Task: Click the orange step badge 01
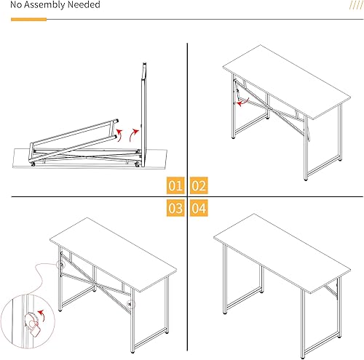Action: [175, 185]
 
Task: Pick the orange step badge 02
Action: [199, 185]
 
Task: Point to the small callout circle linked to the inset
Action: [61, 265]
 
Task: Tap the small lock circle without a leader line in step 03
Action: [131, 304]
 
